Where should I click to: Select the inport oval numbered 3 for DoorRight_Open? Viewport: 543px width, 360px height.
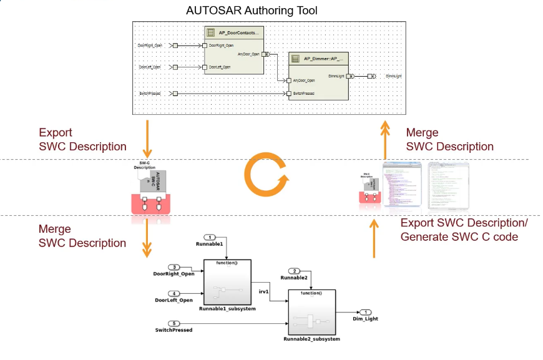click(x=175, y=267)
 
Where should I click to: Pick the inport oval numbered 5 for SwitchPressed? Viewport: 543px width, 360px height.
click(x=175, y=323)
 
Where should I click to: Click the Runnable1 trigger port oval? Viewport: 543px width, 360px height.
click(x=210, y=237)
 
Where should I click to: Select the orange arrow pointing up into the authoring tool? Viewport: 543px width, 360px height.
click(x=385, y=140)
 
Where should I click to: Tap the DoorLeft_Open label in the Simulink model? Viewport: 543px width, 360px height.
click(x=174, y=301)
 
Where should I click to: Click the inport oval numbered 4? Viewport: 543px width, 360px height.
click(x=175, y=293)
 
